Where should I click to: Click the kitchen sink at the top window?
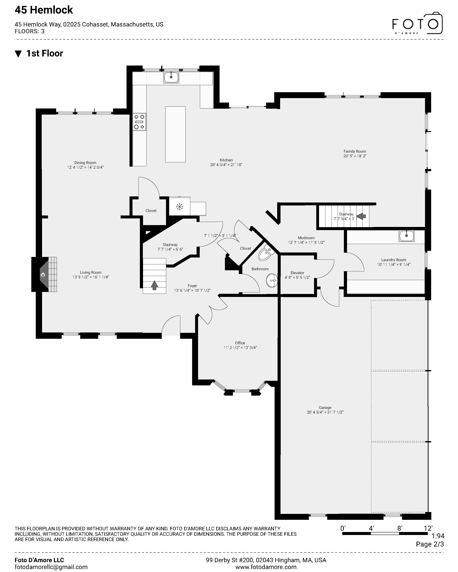click(x=171, y=77)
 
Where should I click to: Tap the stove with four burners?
click(x=139, y=122)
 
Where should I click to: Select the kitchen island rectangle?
click(x=175, y=134)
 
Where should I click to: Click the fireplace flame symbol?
click(x=43, y=275)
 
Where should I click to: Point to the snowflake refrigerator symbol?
click(x=180, y=207)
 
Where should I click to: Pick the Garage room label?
click(x=325, y=407)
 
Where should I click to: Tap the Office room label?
click(x=240, y=343)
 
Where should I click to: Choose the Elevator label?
click(x=297, y=273)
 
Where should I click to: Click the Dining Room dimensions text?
click(x=85, y=167)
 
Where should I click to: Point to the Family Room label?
click(x=355, y=151)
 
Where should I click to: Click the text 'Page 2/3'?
click(x=430, y=544)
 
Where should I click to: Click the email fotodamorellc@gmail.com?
click(x=51, y=567)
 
